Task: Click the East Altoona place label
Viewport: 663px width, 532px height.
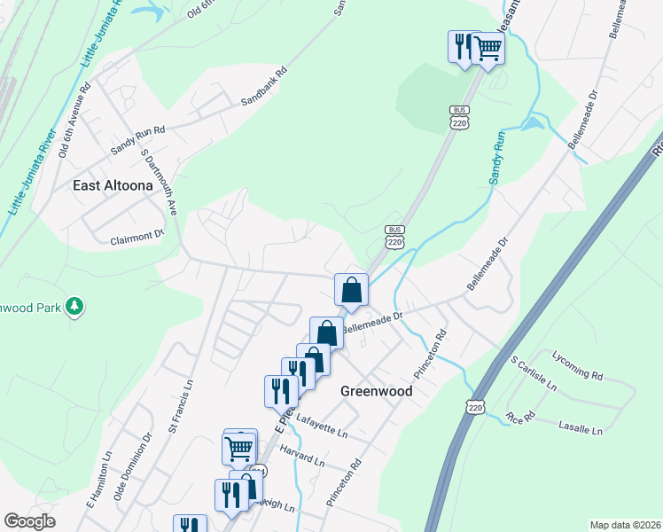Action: (x=113, y=186)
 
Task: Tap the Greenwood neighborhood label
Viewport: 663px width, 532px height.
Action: (x=376, y=390)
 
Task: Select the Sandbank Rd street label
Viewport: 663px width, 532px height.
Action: (x=265, y=86)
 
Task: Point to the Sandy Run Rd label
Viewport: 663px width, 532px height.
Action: (x=137, y=141)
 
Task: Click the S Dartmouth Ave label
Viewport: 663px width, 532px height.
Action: (x=160, y=182)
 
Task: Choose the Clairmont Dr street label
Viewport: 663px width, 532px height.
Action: (x=137, y=237)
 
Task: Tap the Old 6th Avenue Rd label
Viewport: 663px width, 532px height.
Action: (x=74, y=121)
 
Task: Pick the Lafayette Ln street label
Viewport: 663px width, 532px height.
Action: (x=322, y=425)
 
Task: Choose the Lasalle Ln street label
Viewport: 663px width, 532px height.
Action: (x=581, y=428)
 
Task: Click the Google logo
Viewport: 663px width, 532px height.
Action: (x=29, y=521)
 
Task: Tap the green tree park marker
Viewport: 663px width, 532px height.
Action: (x=76, y=306)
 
